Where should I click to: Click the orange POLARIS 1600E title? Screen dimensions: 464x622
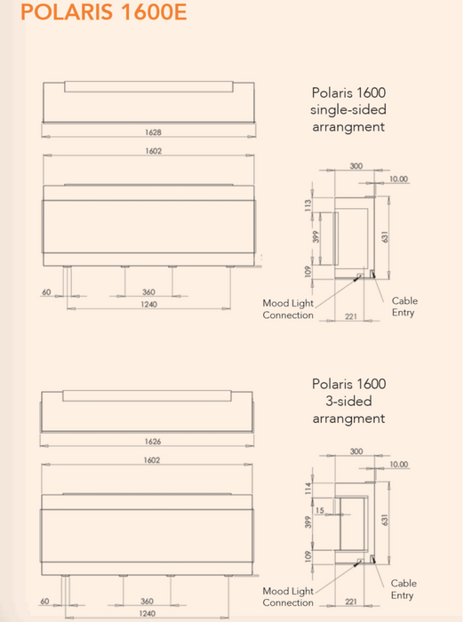click(104, 12)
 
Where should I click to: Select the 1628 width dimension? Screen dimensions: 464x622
click(153, 132)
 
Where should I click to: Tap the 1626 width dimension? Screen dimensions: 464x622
click(153, 442)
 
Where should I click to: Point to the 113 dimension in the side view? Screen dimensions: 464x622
click(308, 205)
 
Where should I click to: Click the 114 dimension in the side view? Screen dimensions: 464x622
click(308, 489)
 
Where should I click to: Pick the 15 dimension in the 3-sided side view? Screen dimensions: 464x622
click(319, 511)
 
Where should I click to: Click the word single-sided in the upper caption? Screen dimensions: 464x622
click(348, 109)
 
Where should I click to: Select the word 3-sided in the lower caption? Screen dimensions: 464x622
click(348, 401)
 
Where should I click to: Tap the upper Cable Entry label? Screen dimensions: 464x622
click(404, 307)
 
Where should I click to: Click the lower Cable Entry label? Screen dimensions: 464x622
click(404, 589)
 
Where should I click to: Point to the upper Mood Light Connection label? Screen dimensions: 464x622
click(288, 309)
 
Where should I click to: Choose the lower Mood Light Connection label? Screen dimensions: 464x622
click(288, 596)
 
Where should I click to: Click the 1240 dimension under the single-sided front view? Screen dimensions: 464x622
click(148, 304)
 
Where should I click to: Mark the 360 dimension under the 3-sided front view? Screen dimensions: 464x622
click(147, 601)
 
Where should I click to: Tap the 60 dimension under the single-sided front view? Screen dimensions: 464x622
click(46, 292)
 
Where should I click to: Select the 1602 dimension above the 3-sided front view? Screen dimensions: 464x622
click(152, 460)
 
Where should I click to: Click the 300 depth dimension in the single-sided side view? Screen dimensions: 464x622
click(356, 166)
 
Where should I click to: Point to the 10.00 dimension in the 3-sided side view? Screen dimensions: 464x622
click(398, 464)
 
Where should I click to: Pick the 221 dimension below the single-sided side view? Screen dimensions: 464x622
click(351, 316)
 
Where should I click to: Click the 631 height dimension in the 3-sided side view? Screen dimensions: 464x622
click(385, 520)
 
